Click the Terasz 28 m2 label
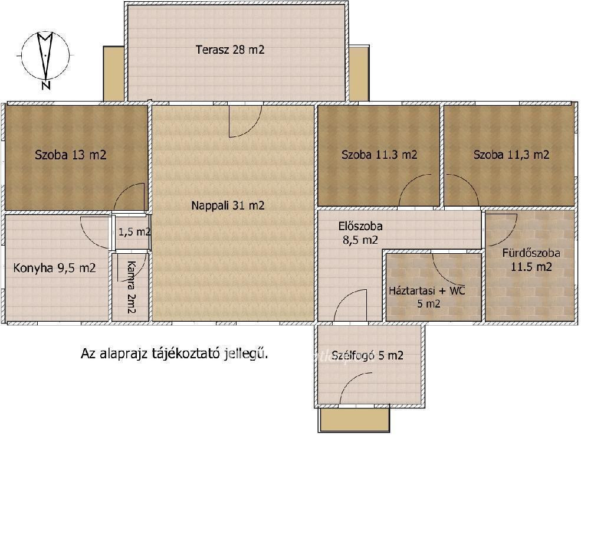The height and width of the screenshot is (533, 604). coord(230,50)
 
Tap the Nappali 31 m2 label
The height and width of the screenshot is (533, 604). coord(228,205)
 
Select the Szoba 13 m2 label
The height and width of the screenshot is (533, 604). coord(71,155)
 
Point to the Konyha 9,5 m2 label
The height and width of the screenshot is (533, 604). coord(54,268)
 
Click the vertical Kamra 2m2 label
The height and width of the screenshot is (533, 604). coord(132,287)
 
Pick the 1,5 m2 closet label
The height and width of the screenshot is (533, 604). coord(134,231)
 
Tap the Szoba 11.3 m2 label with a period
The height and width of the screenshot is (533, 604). coord(379,155)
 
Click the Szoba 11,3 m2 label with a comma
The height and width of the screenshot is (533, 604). coord(511,155)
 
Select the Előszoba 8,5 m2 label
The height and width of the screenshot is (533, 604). coord(360,233)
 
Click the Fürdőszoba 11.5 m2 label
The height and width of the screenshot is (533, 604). coord(531,260)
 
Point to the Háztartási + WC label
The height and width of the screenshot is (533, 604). coord(427,290)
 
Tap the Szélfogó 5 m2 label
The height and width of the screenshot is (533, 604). coord(367,355)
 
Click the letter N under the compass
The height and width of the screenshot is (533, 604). coord(46,85)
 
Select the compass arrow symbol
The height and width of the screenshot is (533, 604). coord(45,56)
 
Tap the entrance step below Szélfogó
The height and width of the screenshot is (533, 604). coord(354,419)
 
